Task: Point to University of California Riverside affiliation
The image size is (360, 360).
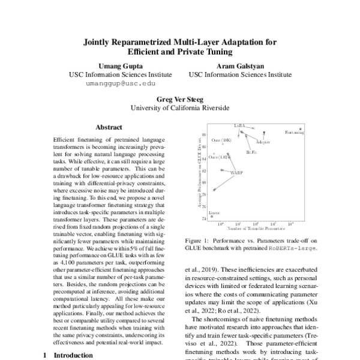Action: point(180,108)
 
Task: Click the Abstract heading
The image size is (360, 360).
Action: point(109,128)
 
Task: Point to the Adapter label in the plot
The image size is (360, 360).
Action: point(262,142)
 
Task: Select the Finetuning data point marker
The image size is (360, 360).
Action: point(300,128)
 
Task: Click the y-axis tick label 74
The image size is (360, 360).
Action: point(204,219)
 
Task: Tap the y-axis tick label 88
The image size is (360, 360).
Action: point(204,134)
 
